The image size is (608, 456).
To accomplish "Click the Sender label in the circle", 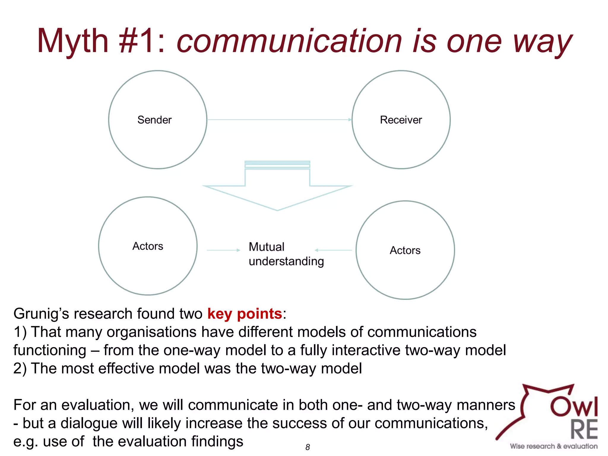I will pyautogui.click(x=154, y=120).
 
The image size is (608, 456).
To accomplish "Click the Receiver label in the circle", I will pyautogui.click(x=401, y=120).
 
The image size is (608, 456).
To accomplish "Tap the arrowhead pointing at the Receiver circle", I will pyautogui.click(x=350, y=120).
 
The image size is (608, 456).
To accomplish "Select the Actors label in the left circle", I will pyautogui.click(x=148, y=246).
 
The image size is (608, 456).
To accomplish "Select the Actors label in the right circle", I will pyautogui.click(x=405, y=250).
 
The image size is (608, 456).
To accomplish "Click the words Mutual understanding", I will pyautogui.click(x=286, y=254).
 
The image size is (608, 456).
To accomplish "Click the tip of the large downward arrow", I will pyautogui.click(x=278, y=210).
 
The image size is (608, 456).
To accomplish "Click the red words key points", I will pyautogui.click(x=244, y=314).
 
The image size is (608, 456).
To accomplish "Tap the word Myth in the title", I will pyautogui.click(x=73, y=42).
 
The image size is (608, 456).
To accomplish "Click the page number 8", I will pyautogui.click(x=308, y=447).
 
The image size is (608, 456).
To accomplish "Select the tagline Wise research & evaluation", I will pyautogui.click(x=554, y=446).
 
